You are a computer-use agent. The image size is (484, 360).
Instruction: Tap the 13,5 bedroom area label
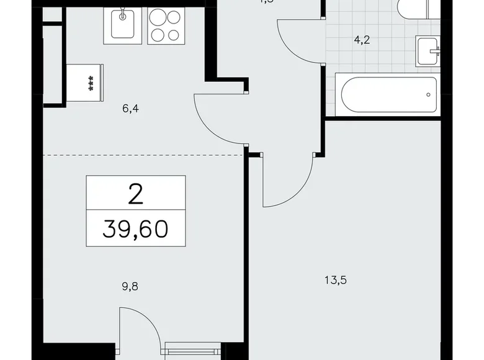[x=336, y=280]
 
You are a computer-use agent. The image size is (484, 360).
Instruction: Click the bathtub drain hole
[x=428, y=95]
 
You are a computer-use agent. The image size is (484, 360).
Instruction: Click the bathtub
[x=388, y=95]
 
